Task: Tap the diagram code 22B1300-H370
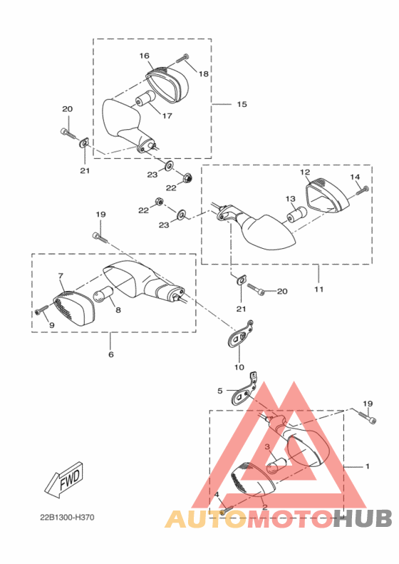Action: pos(67,518)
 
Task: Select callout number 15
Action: pos(242,104)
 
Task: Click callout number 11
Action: pos(318,289)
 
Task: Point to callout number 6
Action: pos(110,354)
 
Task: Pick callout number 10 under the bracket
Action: pos(239,367)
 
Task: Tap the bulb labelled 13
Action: pos(296,215)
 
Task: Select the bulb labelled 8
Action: pos(103,293)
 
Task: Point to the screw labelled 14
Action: pos(363,190)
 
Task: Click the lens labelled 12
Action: pos(327,197)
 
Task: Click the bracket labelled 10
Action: pos(241,335)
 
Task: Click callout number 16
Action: pos(144,56)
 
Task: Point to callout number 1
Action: pos(367,466)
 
